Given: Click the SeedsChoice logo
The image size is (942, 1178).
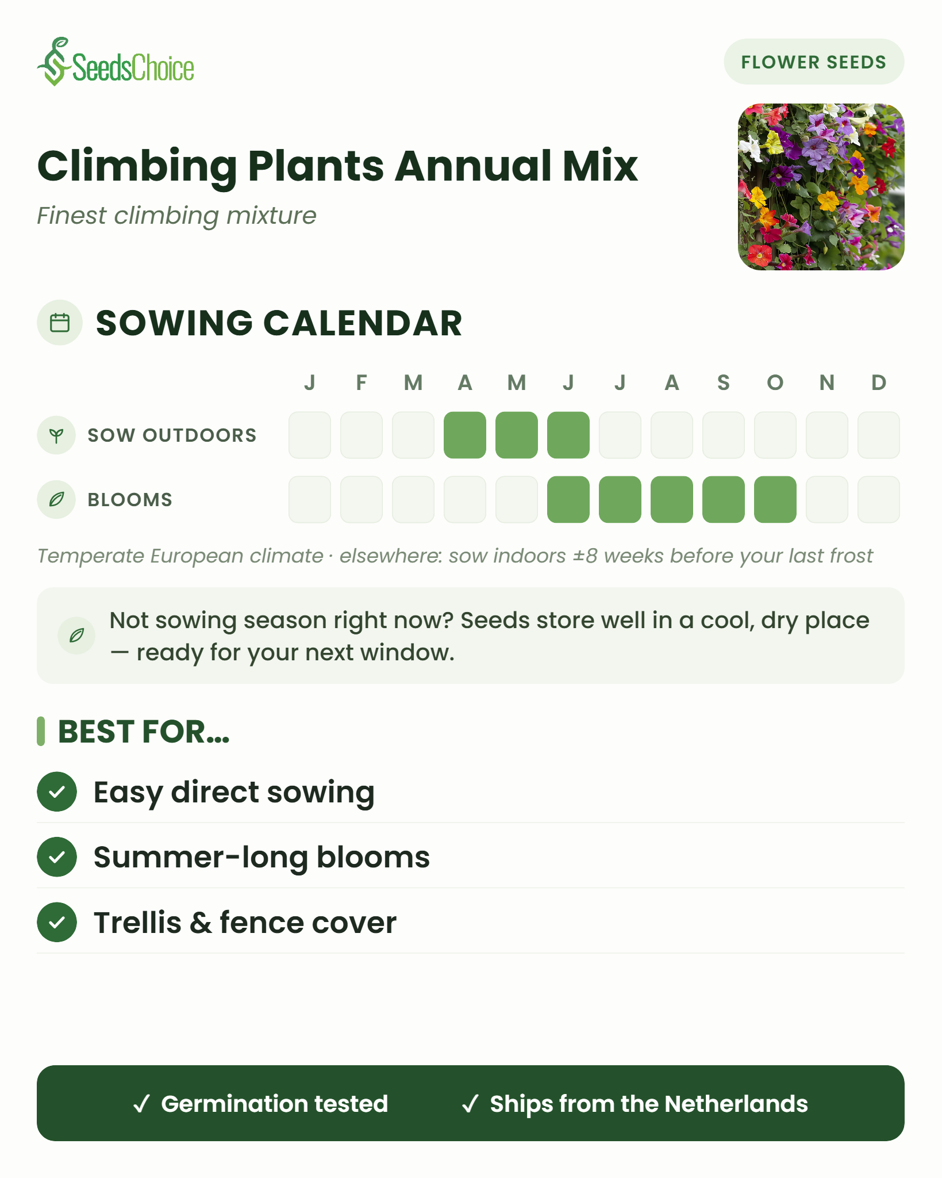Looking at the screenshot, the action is (x=116, y=62).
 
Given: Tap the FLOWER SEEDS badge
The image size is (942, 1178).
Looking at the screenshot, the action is (x=813, y=62).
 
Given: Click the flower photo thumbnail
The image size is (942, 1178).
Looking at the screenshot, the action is (x=821, y=187).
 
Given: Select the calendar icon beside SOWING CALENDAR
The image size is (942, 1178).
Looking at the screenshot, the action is (x=60, y=323).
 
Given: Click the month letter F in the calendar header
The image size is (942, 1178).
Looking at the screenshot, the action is (x=362, y=383).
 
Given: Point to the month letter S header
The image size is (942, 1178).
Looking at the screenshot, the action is (x=724, y=383).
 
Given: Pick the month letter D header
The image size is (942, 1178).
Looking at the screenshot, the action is (x=879, y=383).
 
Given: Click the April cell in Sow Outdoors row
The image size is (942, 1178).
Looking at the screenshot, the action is (x=465, y=435).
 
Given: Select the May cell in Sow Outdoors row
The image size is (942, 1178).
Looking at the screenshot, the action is (x=517, y=435).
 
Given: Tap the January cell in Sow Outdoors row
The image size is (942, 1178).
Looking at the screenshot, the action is (x=310, y=435).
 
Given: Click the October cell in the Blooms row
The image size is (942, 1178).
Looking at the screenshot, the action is (x=775, y=499).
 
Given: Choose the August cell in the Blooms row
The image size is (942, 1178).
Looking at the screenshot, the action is (x=672, y=499).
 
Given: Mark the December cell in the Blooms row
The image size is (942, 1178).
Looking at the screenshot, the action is (x=879, y=499).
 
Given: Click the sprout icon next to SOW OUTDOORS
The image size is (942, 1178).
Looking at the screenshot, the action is (x=56, y=435).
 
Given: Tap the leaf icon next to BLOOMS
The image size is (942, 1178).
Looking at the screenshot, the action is (x=56, y=499).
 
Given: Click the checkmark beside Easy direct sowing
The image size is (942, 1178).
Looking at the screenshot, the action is (x=57, y=792).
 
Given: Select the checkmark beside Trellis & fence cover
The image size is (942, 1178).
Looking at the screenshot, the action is (x=57, y=923).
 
